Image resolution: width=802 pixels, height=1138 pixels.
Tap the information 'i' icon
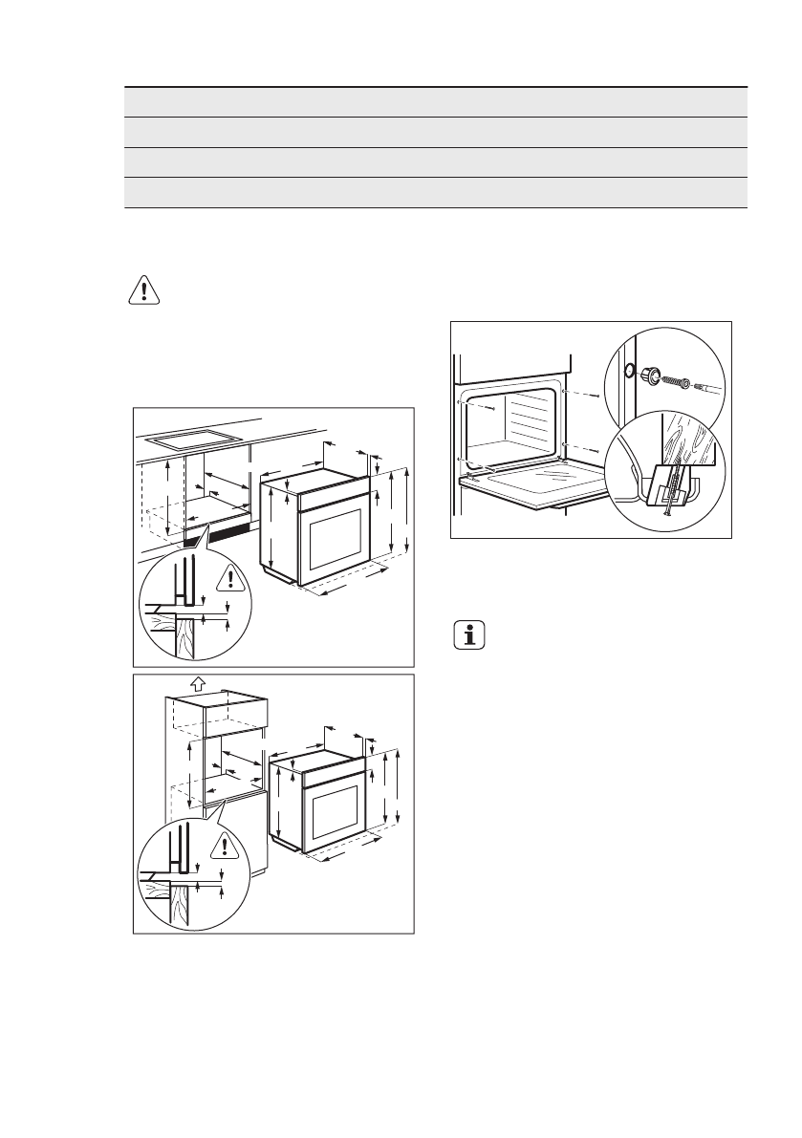[468, 635]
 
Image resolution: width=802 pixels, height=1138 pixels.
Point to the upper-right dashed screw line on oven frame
[583, 392]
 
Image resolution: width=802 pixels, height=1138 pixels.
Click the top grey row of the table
[435, 102]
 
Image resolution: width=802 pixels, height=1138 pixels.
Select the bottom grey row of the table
[435, 192]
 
